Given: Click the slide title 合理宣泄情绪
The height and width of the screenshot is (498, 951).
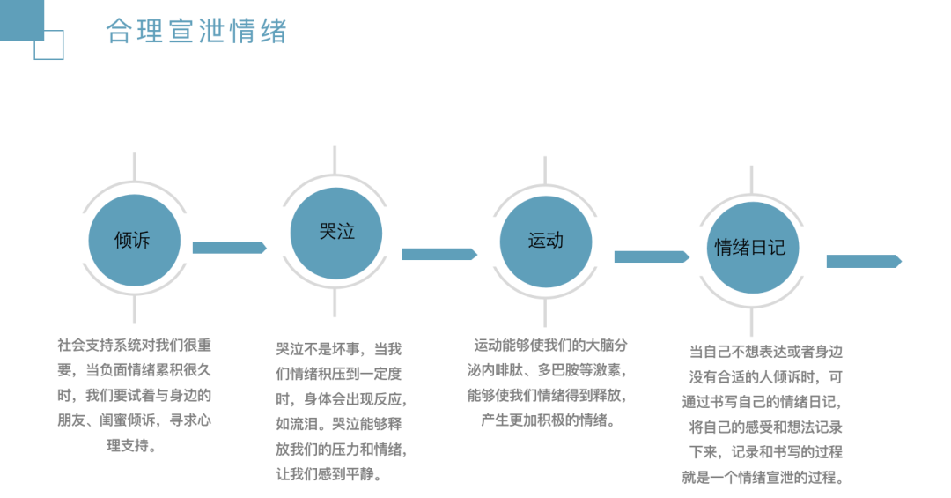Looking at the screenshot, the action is (196, 31).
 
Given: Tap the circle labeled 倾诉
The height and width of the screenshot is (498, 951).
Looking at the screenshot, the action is (134, 240).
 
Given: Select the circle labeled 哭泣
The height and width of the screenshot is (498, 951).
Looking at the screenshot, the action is (336, 234).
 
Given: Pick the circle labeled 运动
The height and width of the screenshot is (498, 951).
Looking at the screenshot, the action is (545, 242).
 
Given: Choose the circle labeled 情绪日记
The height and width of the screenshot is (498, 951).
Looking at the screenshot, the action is (752, 248).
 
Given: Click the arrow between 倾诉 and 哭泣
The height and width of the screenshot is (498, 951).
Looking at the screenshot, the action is (229, 248).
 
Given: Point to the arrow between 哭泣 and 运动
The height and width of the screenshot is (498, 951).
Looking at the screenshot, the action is (439, 254).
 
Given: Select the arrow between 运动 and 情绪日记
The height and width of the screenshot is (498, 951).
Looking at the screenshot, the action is (652, 256).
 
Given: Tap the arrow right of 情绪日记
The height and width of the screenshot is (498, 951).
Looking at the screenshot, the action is (865, 261).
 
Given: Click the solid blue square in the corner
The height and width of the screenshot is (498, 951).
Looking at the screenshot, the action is (22, 20).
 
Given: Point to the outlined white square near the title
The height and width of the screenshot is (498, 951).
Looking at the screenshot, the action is (48, 44).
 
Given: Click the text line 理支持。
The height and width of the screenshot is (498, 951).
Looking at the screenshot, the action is (132, 446).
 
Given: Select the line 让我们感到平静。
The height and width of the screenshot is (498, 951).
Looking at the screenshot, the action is (330, 474).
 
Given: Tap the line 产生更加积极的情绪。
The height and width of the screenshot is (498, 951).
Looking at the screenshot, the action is (549, 420).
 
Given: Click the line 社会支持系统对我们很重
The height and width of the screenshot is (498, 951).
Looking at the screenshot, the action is (135, 345).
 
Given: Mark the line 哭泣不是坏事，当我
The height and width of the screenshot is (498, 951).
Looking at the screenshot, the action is (338, 349).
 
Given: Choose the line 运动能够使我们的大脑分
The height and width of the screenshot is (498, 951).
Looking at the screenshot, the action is (550, 345).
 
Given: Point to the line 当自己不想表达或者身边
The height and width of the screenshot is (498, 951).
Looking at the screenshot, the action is (766, 352).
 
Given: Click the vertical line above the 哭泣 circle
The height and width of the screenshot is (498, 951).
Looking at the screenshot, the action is (335, 160).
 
